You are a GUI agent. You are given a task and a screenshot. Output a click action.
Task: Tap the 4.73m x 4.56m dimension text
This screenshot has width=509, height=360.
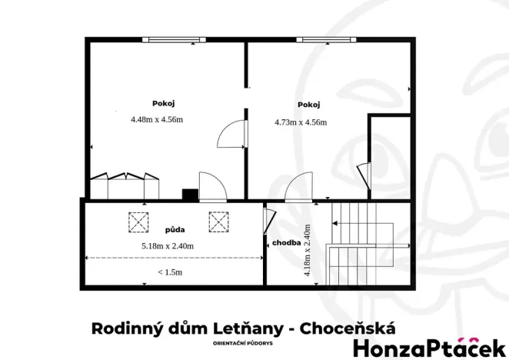click(301, 122)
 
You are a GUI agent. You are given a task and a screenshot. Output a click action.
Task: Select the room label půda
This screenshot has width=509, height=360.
click(175, 230)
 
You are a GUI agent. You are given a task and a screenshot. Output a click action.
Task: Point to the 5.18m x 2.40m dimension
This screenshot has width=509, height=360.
click(168, 245)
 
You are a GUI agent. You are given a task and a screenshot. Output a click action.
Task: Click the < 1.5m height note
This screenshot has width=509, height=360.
click(170, 272)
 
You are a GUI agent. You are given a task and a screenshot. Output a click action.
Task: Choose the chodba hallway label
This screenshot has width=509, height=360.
click(285, 243)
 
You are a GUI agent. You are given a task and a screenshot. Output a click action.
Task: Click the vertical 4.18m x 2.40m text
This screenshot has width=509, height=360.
click(307, 250)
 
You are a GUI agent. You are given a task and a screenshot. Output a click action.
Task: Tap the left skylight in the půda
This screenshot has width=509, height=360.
click(138, 222)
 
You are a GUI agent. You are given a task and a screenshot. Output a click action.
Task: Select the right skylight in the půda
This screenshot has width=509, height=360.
click(218, 222)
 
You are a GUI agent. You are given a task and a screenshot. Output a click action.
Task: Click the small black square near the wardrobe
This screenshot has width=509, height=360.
click(188, 194)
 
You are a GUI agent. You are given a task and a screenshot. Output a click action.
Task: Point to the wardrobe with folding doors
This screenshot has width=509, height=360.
click(125, 186)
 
